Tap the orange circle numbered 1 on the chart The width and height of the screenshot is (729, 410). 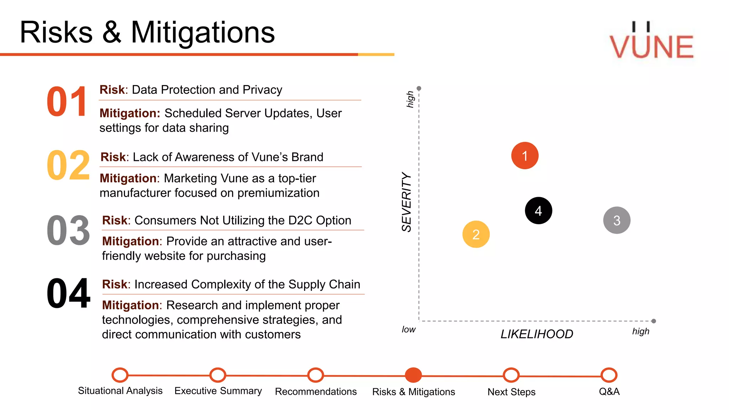pos(525,156)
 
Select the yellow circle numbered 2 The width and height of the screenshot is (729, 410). pos(476,234)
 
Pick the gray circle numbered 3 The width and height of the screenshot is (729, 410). pos(617,220)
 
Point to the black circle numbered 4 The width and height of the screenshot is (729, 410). pos(539,211)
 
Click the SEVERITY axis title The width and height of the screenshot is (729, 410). pos(407,202)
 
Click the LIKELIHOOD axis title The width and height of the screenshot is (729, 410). pos(537,334)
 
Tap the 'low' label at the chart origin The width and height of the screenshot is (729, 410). pos(409,330)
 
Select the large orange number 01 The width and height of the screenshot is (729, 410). pos(67,102)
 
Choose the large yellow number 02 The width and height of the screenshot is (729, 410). pos(68,165)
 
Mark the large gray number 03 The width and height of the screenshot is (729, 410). pos(68,231)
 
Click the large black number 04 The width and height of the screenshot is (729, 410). pos(68,294)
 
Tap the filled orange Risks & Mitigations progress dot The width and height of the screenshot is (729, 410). pos(413,375)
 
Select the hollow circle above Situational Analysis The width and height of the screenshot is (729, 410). pos(120,375)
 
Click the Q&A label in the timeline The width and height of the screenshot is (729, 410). pos(609,391)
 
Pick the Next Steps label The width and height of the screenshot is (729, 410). pos(512,392)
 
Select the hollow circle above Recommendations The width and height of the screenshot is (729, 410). pos(316,375)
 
